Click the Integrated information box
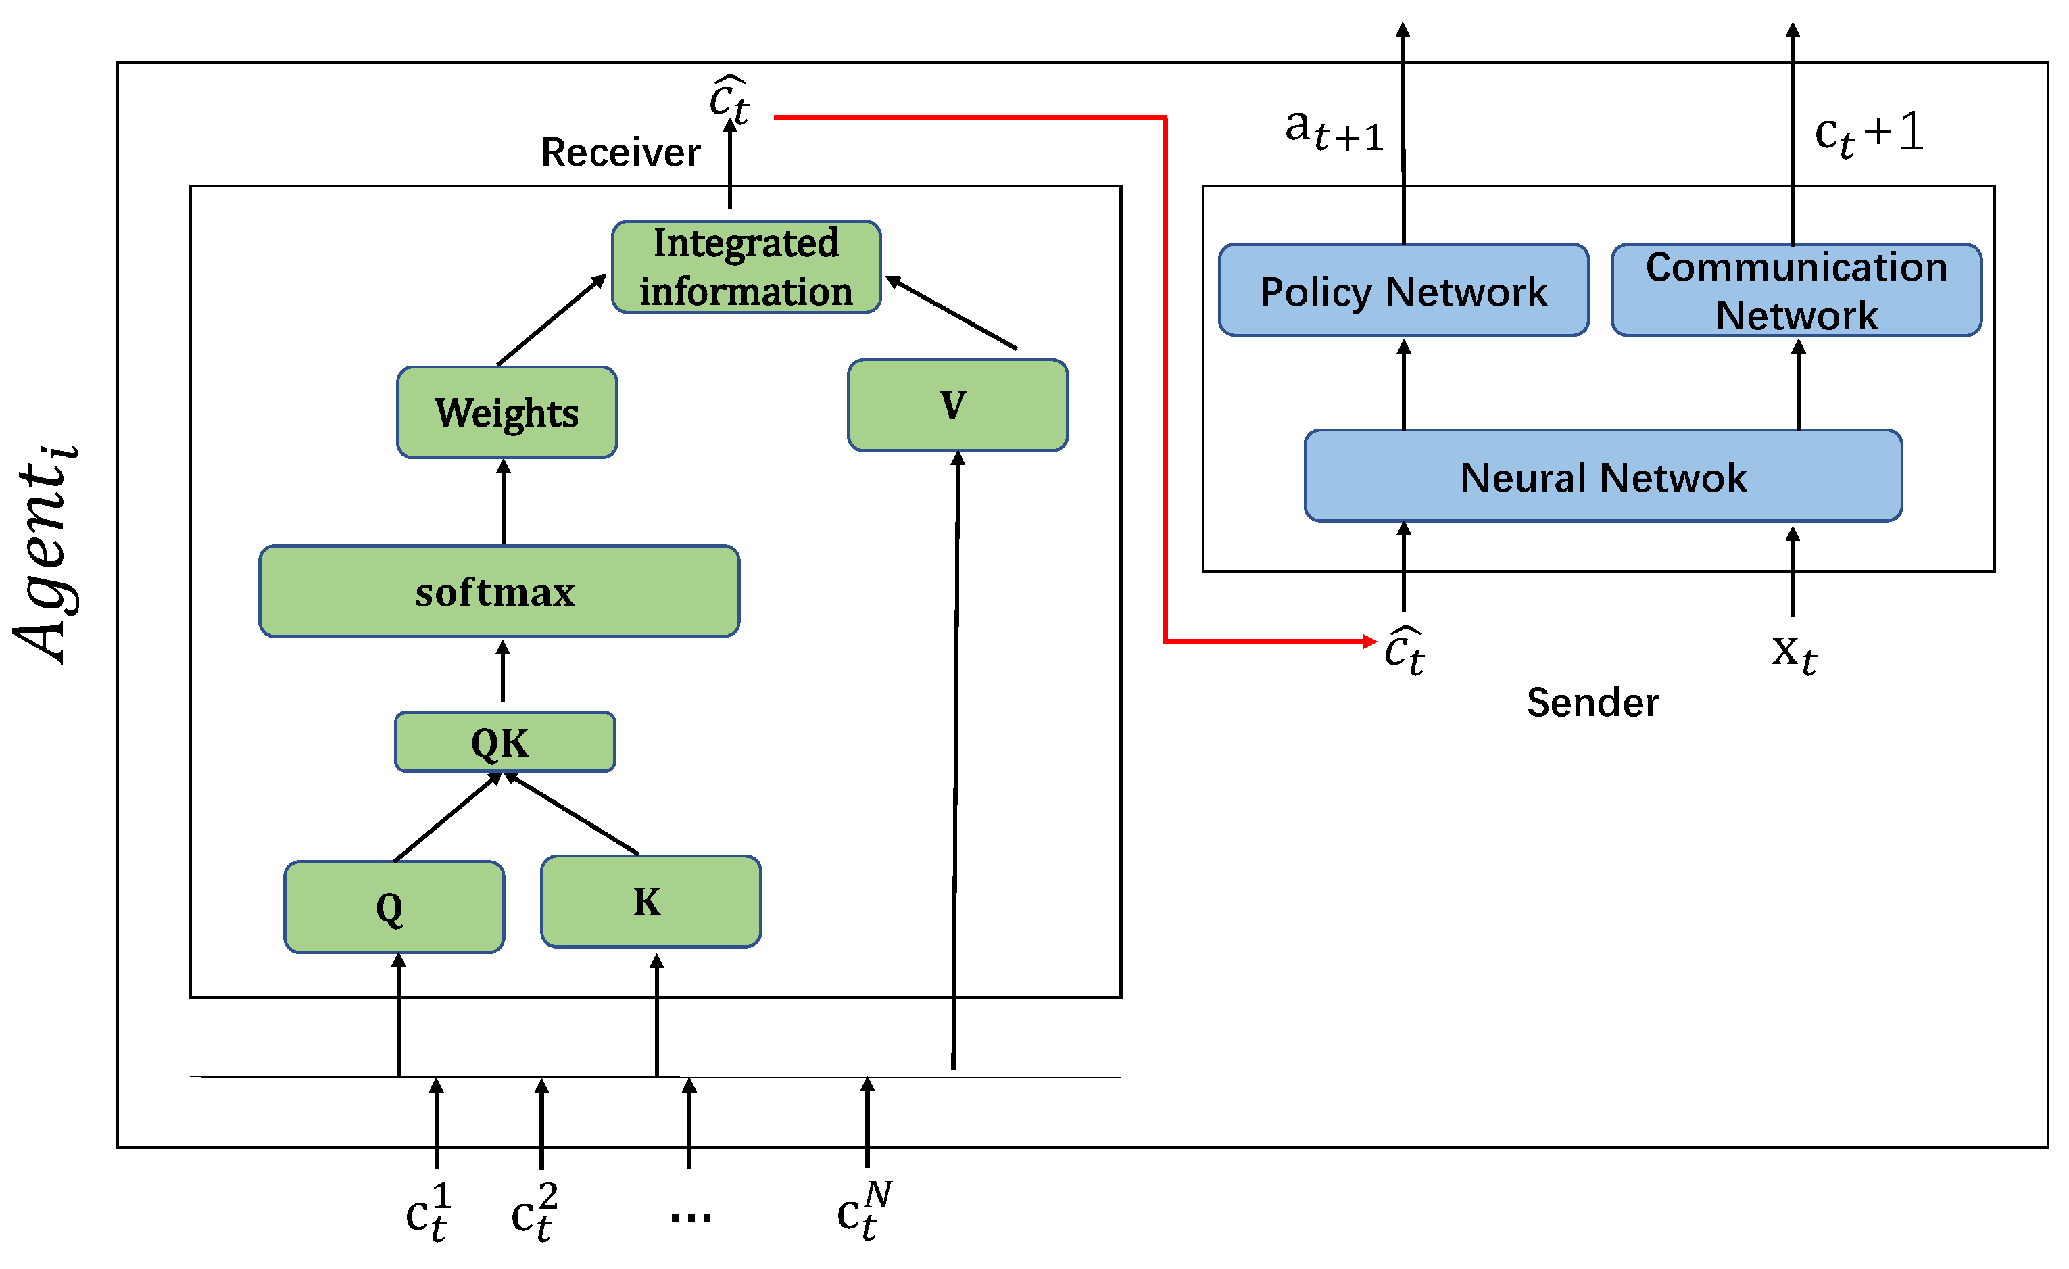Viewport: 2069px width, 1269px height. coord(746,267)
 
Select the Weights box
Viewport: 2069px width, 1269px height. coord(507,412)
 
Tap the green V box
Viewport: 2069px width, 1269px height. coord(957,406)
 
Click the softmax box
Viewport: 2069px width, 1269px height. coord(499,592)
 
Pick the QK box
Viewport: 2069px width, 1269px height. coord(505,742)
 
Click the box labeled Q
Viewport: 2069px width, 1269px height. coord(394,907)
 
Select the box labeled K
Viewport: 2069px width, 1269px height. coord(651,902)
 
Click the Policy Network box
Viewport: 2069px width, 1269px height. coord(1403,291)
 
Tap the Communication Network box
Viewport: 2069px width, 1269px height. coord(1796,291)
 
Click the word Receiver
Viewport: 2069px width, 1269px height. coord(620,152)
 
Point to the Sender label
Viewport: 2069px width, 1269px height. coord(1592,702)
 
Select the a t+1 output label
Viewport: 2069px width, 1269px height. coord(1334,130)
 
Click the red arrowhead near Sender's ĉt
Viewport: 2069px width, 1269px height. coord(1369,642)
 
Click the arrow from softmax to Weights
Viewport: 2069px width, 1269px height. coord(503,502)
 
